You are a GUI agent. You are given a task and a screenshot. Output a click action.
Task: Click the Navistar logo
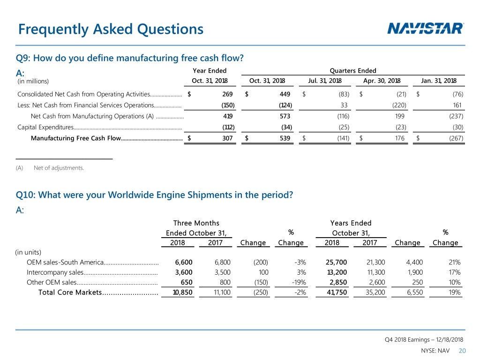[426, 29]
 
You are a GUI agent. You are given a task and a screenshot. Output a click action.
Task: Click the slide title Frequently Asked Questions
[111, 30]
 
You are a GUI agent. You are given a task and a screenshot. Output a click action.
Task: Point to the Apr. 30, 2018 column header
[382, 81]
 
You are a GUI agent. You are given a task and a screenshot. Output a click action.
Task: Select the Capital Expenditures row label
[45, 127]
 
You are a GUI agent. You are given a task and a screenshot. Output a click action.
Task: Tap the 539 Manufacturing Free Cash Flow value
[285, 138]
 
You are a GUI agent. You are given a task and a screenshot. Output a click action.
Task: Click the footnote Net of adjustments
[59, 168]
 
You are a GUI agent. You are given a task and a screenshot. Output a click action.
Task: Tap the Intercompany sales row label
[55, 272]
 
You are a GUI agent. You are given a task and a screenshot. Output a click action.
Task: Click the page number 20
[463, 352]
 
